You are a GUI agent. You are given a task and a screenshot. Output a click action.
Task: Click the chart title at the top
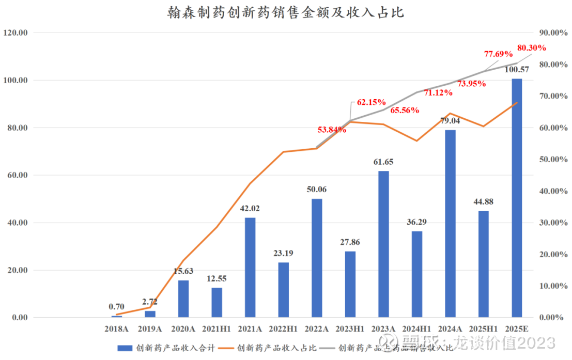[285, 13]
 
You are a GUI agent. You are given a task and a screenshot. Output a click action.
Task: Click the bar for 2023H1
[350, 284]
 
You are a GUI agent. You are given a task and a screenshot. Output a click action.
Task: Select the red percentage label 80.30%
[531, 48]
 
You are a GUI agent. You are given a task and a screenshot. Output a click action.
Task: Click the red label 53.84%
[331, 129]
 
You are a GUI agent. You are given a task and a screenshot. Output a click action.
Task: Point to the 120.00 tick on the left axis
[15, 33]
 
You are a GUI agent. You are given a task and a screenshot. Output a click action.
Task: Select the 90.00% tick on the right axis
[553, 33]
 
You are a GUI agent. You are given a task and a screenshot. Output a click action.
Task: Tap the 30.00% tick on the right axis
[553, 223]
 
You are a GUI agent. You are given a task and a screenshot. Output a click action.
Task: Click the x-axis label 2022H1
[283, 328]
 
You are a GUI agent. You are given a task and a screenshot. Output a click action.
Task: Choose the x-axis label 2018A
[117, 328]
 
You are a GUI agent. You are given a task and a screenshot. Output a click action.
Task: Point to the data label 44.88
[484, 201]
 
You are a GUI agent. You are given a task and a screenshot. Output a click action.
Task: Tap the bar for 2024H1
[417, 274]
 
